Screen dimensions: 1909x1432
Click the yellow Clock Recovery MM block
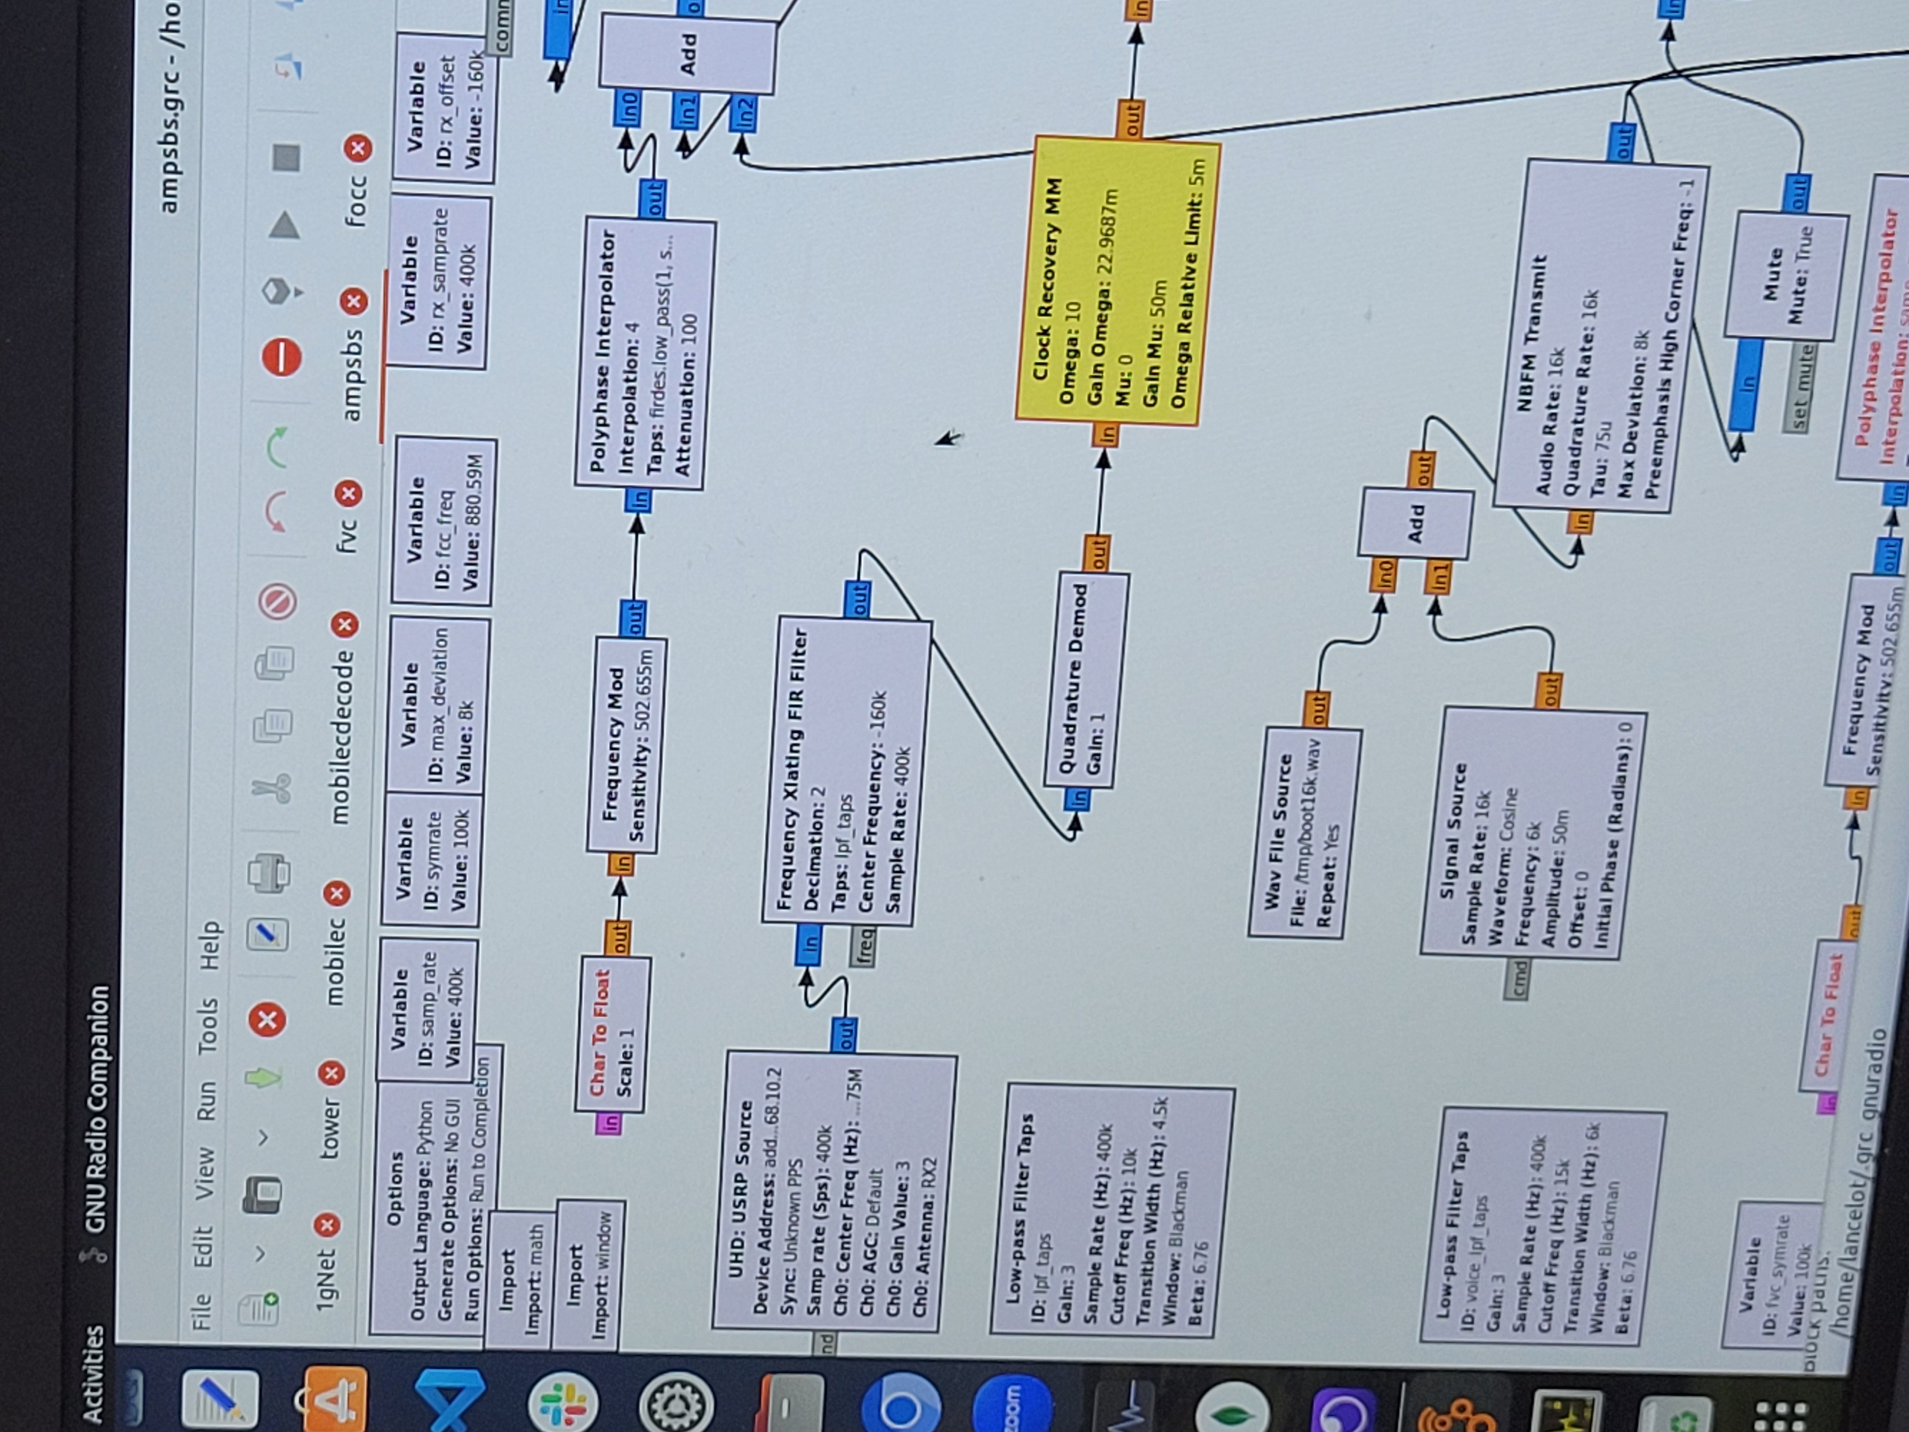1118,280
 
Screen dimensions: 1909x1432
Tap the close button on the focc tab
357,149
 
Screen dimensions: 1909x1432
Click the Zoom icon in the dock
1010,1403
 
